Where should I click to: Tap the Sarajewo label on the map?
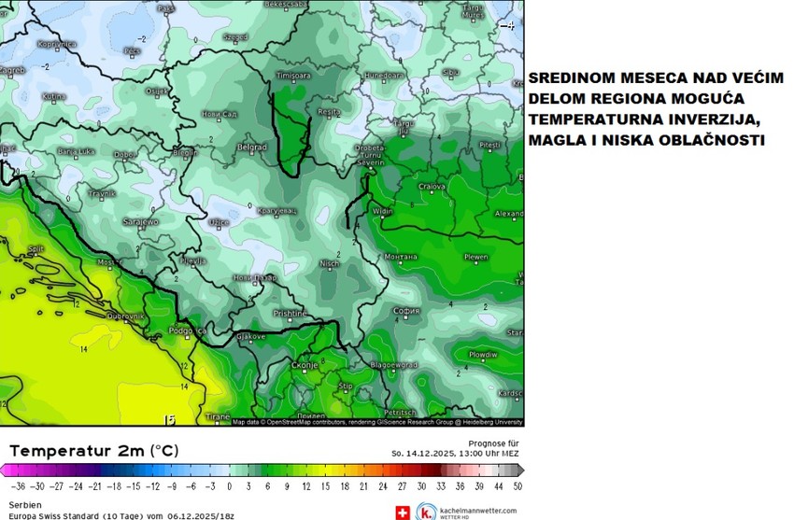[141, 222]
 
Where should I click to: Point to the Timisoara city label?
[293, 74]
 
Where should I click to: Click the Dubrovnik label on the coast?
[125, 316]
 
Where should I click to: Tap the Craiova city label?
[431, 187]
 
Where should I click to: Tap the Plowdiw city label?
[483, 354]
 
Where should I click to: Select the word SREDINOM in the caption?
[574, 77]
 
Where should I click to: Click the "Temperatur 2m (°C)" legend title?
[93, 451]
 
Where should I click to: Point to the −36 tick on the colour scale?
[16, 486]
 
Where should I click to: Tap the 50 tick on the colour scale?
[518, 486]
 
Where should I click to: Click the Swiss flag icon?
[403, 512]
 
